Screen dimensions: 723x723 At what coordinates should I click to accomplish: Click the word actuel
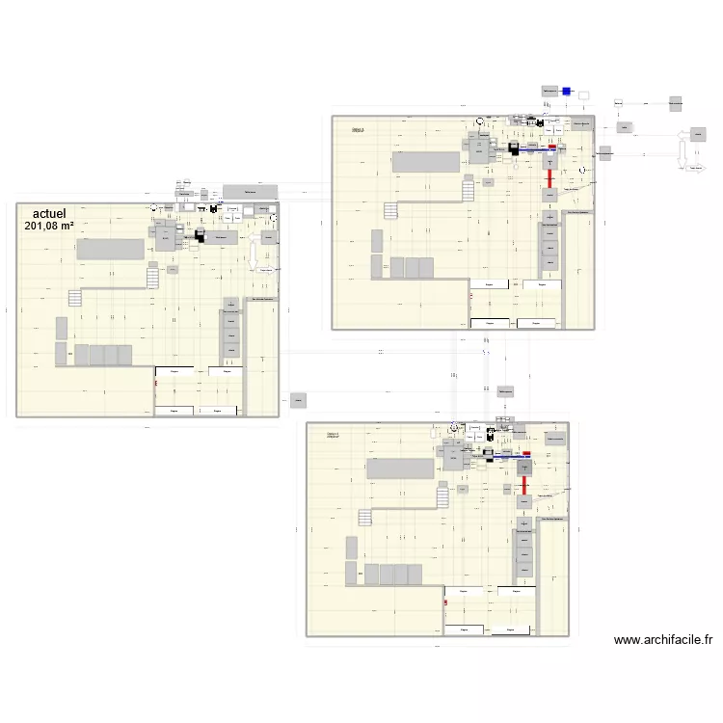pyautogui.click(x=49, y=213)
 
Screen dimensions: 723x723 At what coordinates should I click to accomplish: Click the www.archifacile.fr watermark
pyautogui.click(x=662, y=639)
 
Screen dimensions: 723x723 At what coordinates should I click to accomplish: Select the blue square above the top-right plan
pyautogui.click(x=567, y=92)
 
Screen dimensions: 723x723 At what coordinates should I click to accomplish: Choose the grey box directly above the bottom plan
pyautogui.click(x=505, y=390)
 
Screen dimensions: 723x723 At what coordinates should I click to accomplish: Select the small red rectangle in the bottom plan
pyautogui.click(x=525, y=453)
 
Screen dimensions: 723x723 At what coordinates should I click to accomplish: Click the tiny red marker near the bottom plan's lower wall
pyautogui.click(x=445, y=603)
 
